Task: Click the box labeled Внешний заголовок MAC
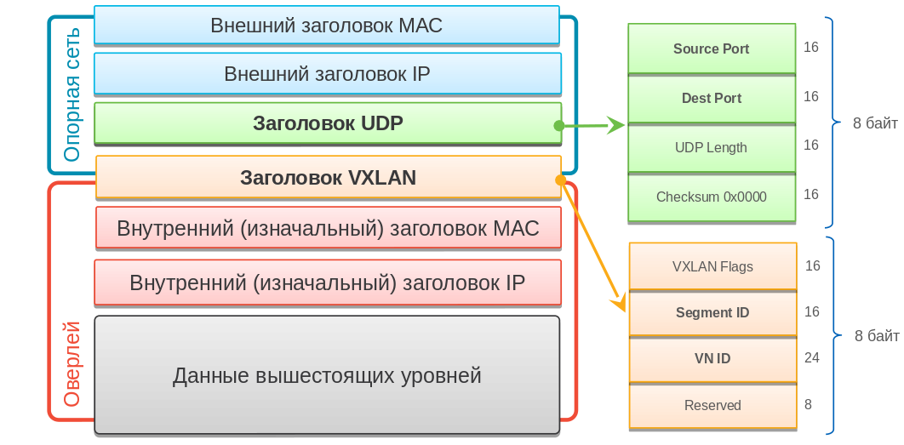pos(327,25)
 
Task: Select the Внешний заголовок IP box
pos(327,74)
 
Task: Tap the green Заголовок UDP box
pos(327,123)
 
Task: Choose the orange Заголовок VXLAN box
pos(328,178)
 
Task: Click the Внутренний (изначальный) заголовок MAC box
pos(328,228)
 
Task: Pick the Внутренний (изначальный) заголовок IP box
pos(328,282)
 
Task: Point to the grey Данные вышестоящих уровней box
pos(327,375)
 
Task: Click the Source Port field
pos(711,48)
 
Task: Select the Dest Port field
pos(711,98)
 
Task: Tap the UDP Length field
pos(711,147)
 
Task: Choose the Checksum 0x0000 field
pos(711,197)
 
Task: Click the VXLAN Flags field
pos(712,266)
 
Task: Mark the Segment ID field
pos(712,312)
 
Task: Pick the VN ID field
pos(712,358)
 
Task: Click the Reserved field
pos(712,405)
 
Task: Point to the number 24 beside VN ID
pos(811,357)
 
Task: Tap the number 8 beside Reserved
pos(808,404)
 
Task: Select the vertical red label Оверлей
pos(72,364)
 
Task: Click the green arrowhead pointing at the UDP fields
pos(616,125)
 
